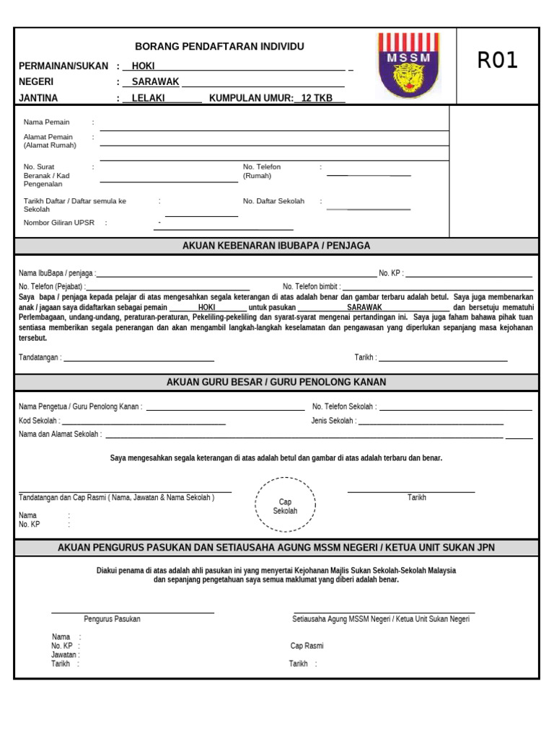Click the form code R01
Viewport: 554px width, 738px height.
pos(498,61)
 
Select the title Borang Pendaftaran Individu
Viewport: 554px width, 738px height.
pos(220,47)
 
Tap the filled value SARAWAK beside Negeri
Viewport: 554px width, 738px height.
pos(155,82)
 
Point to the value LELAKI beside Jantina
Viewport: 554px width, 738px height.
pos(149,98)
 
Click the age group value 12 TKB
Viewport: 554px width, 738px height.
pos(317,98)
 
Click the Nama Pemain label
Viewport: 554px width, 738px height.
pos(47,123)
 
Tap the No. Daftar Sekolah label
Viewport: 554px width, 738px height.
pos(273,201)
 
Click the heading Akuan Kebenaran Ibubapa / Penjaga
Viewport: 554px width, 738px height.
pos(276,246)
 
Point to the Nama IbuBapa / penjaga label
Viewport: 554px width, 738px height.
pos(56,274)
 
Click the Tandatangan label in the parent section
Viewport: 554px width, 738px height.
pos(40,357)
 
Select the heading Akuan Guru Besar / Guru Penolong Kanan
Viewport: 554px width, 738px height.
pos(276,382)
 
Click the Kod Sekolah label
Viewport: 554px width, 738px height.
pos(39,421)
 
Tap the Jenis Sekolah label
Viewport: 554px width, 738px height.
pos(333,421)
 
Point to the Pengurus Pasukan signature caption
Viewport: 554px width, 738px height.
pos(112,619)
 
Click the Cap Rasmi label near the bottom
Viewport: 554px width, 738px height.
pos(307,646)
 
